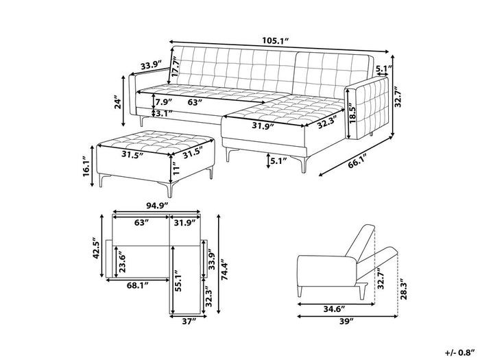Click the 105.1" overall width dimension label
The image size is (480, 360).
pyautogui.click(x=275, y=40)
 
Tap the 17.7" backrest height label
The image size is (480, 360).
pyautogui.click(x=175, y=68)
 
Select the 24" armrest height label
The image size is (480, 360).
pyautogui.click(x=117, y=104)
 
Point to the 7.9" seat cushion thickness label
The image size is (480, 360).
pyautogui.click(x=164, y=101)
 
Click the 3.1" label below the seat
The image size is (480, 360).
pyautogui.click(x=164, y=114)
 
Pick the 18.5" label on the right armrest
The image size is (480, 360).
pyautogui.click(x=352, y=115)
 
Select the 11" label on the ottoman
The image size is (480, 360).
pyautogui.click(x=175, y=168)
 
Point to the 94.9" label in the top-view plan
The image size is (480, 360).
pyautogui.click(x=157, y=206)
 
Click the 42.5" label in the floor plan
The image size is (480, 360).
pyautogui.click(x=97, y=248)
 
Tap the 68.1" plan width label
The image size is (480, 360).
pyautogui.click(x=137, y=286)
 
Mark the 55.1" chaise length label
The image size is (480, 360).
pyautogui.click(x=178, y=280)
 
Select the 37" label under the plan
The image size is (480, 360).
pyautogui.click(x=189, y=322)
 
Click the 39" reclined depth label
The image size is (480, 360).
pyautogui.click(x=346, y=321)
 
